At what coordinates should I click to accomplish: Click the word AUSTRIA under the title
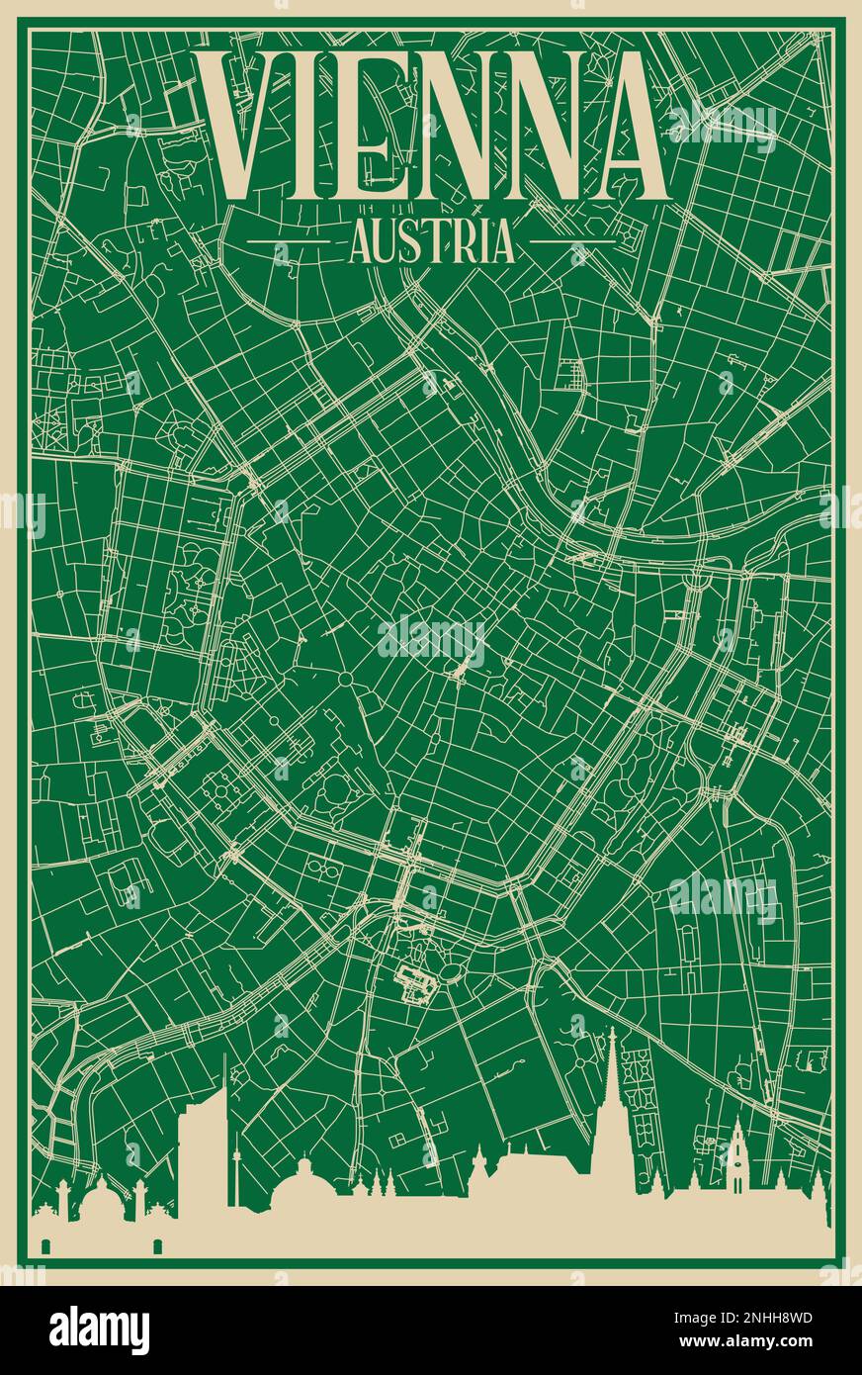pyautogui.click(x=431, y=241)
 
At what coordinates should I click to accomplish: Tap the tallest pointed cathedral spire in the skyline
pyautogui.click(x=612, y=1088)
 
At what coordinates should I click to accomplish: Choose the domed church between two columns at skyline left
pyautogui.click(x=100, y=1202)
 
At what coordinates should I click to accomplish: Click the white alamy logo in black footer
pyautogui.click(x=99, y=1329)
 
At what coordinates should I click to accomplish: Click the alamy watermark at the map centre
pyautogui.click(x=431, y=642)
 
